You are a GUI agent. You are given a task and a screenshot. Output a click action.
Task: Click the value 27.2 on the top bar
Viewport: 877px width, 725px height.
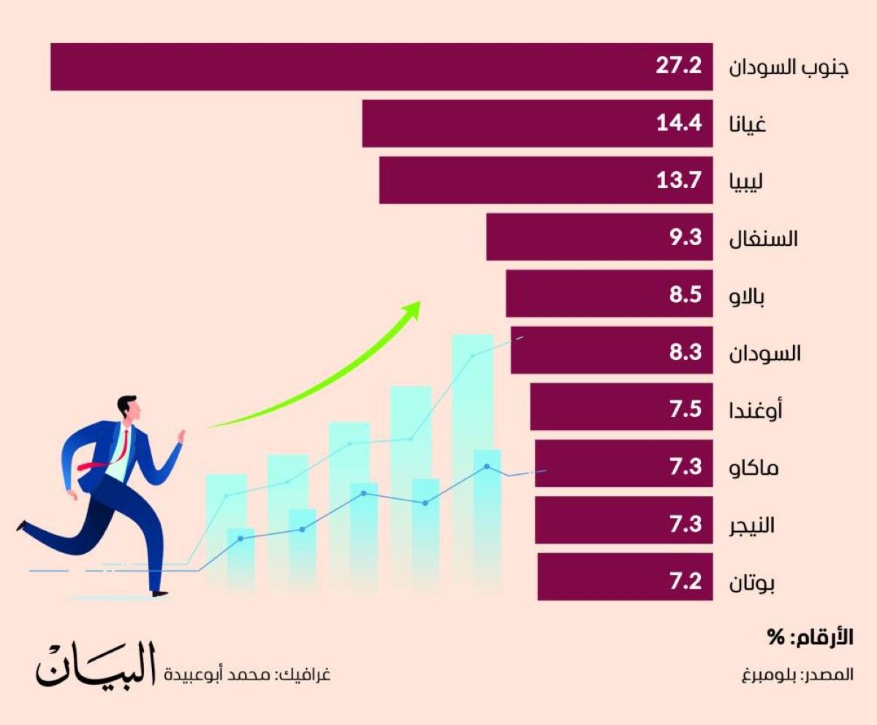click(678, 67)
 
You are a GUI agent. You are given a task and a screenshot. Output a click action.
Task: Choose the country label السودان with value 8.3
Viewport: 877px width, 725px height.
click(766, 353)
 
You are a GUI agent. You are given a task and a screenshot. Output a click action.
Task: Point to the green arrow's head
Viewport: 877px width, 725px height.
click(414, 309)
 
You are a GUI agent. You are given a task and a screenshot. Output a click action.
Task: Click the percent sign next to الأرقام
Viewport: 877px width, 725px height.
click(775, 637)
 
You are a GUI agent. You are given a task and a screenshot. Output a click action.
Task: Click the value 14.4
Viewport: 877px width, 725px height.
click(678, 124)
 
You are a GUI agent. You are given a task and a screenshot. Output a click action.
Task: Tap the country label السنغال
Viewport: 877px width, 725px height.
click(764, 238)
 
